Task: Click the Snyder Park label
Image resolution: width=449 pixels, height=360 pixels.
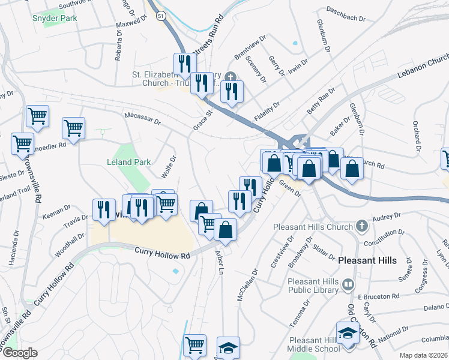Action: pos(55,18)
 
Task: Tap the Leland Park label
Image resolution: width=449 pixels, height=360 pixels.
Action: pos(128,162)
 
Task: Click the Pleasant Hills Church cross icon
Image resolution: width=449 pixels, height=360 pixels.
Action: pos(361,227)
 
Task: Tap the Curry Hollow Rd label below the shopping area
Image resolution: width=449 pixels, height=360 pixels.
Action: pos(162,255)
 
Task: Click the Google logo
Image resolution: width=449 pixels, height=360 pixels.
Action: pos(20,353)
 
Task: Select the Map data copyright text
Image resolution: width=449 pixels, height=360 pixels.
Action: pos(424,355)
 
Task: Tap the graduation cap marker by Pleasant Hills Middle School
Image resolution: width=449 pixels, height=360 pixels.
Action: pos(348,333)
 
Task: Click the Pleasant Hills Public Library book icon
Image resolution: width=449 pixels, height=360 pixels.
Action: pos(348,284)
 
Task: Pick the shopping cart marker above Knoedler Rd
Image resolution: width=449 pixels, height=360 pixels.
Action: pos(73,128)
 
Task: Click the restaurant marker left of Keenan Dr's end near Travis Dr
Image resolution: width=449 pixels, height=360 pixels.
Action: pos(104,209)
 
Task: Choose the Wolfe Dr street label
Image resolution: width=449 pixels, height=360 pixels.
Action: pos(169,167)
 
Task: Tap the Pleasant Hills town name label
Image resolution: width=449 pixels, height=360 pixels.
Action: pos(367,260)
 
